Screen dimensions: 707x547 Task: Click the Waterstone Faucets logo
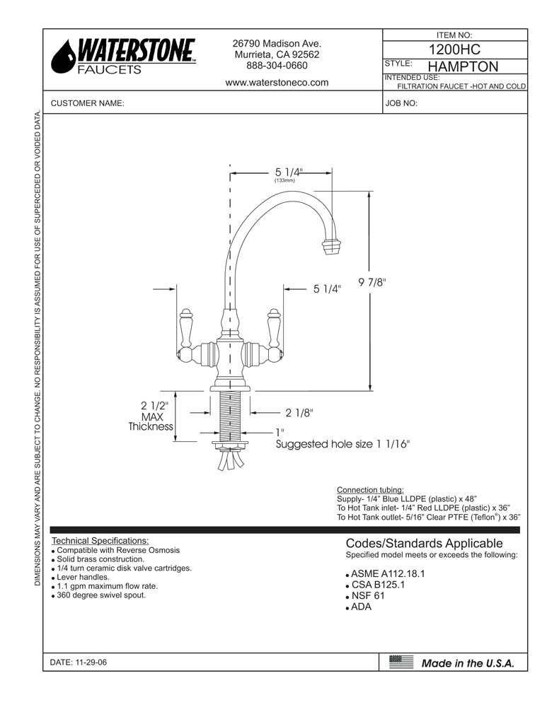125,57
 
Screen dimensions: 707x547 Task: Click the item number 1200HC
455,49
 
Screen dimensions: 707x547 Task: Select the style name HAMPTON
463,67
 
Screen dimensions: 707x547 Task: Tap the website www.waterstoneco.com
277,82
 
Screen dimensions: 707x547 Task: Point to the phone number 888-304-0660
277,66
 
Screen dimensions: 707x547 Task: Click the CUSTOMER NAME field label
88,103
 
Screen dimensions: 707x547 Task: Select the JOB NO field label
401,103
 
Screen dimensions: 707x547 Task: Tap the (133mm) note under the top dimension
284,181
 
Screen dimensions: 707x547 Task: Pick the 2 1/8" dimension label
299,412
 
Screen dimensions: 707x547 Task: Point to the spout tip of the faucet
331,247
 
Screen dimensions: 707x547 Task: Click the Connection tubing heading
370,490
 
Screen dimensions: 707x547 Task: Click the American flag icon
401,662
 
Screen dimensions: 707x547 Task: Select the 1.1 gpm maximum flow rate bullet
107,586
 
